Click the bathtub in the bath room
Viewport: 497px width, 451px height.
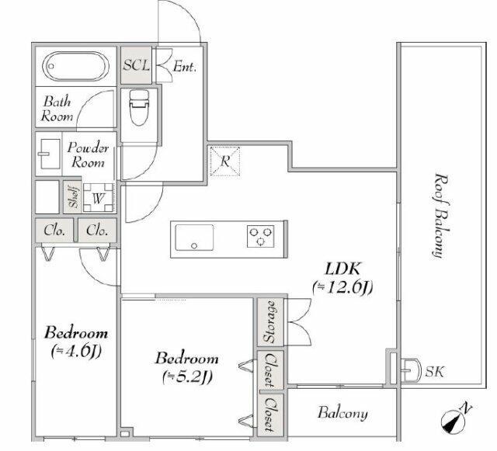point(76,66)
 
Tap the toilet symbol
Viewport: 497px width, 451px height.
point(139,107)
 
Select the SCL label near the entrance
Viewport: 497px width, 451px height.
point(137,65)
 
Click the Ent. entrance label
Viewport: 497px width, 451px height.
point(185,67)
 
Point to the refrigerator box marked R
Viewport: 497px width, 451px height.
point(225,161)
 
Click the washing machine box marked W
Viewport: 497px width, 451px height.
point(99,198)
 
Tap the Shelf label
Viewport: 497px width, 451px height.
point(73,197)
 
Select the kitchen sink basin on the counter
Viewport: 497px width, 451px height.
point(194,238)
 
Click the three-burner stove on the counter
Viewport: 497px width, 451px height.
point(261,236)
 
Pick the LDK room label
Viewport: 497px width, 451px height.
point(342,269)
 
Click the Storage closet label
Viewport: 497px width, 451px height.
point(269,321)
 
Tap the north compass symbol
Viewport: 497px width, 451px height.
point(454,420)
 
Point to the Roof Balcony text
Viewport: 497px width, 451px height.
point(440,216)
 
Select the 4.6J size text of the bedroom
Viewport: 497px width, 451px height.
point(76,351)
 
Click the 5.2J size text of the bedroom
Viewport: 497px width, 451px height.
point(187,376)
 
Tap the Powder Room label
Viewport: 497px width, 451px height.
point(88,155)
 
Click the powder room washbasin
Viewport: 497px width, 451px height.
point(50,154)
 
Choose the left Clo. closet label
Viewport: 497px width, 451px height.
point(54,230)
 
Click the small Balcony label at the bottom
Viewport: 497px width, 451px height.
point(343,413)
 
